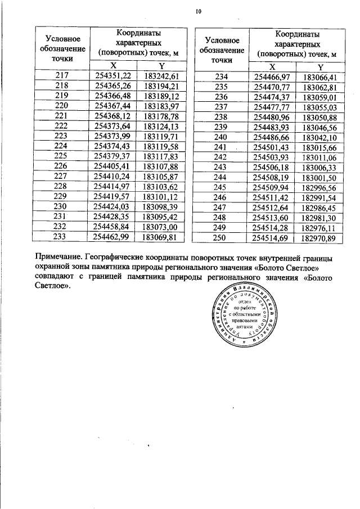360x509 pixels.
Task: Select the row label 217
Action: pyautogui.click(x=62, y=75)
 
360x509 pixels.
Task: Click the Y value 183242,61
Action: pyautogui.click(x=161, y=75)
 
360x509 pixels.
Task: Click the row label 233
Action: pyautogui.click(x=62, y=237)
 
